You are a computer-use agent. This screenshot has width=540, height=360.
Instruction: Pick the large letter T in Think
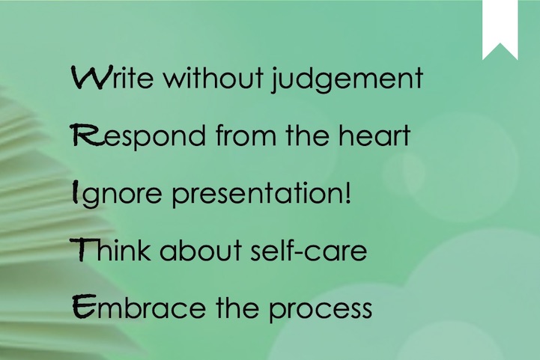click(82, 249)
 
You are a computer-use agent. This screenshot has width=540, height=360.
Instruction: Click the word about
click(201, 249)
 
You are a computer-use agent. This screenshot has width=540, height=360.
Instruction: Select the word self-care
click(309, 249)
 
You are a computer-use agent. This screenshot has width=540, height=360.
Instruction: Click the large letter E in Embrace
click(85, 306)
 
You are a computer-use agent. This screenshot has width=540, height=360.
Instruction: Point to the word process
click(321, 309)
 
